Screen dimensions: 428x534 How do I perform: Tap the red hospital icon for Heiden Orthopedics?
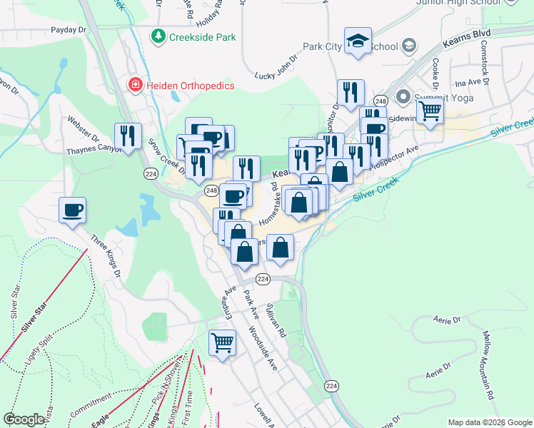click(x=133, y=86)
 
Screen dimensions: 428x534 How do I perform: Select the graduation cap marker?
click(x=358, y=41)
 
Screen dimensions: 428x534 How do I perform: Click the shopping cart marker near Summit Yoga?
click(x=430, y=111)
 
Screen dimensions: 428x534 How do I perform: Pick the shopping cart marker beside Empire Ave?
click(x=222, y=342)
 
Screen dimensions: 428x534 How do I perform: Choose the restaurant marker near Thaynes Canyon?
click(x=128, y=136)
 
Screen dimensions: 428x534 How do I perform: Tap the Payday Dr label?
click(x=68, y=31)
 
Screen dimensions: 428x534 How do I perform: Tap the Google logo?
click(x=24, y=419)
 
